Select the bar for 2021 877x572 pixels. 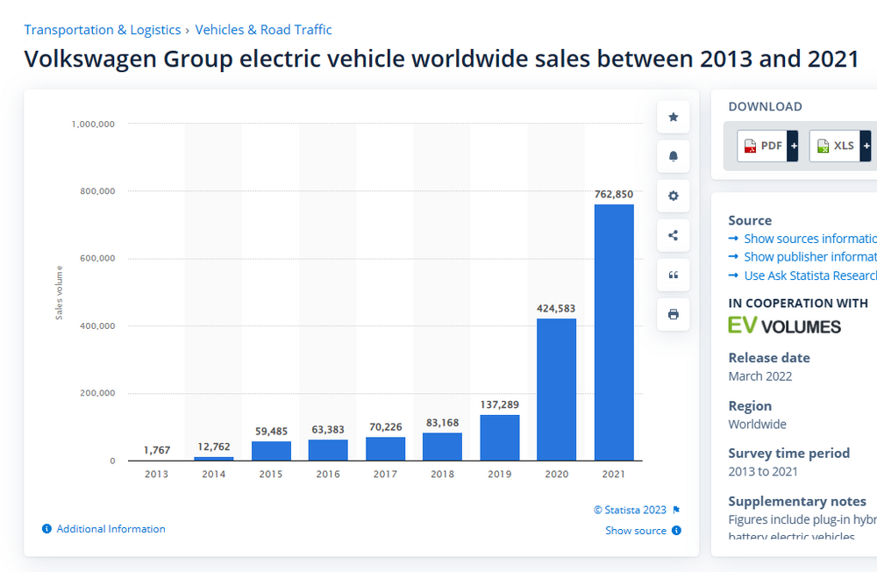pyautogui.click(x=614, y=332)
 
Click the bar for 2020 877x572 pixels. pyautogui.click(x=556, y=390)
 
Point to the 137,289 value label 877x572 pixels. pyautogui.click(x=499, y=404)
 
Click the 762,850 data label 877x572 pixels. pyautogui.click(x=613, y=194)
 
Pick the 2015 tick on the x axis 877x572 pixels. pyautogui.click(x=271, y=475)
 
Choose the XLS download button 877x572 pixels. pyautogui.click(x=839, y=146)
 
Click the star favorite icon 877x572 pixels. pyautogui.click(x=674, y=117)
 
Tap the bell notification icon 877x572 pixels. pyautogui.click(x=674, y=156)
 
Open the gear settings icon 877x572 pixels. pyautogui.click(x=674, y=196)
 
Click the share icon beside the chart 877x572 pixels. pyautogui.click(x=674, y=235)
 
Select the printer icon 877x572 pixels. pyautogui.click(x=674, y=314)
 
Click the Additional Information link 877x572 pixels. pyautogui.click(x=111, y=529)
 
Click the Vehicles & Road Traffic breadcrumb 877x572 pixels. pyautogui.click(x=263, y=30)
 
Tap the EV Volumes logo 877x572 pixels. pyautogui.click(x=784, y=325)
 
